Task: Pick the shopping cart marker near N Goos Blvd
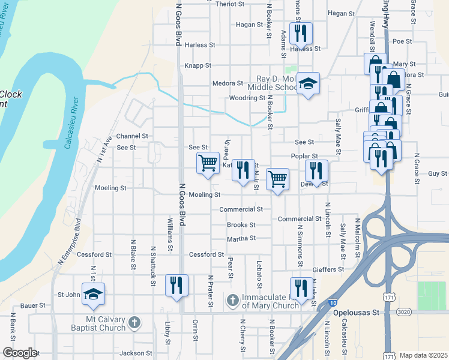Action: pos(208,163)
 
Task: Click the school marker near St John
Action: pos(93,293)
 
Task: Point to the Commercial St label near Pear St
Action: pos(241,209)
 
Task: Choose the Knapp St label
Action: pos(198,65)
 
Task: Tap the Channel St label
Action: pos(131,136)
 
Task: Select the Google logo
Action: pos(20,353)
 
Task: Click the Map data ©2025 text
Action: pos(423,355)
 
